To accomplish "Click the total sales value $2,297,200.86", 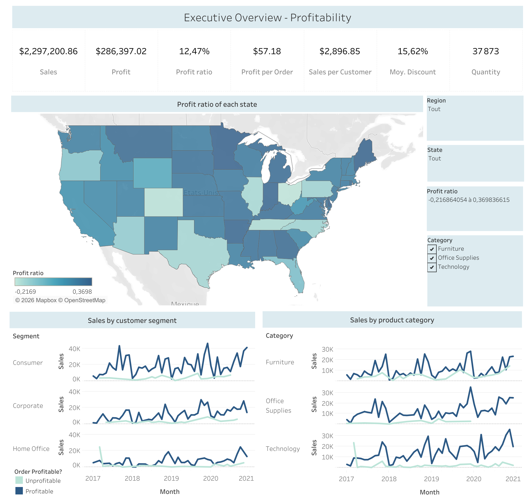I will (x=48, y=51).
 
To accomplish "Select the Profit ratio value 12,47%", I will (x=194, y=51).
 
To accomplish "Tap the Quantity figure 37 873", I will (x=486, y=51).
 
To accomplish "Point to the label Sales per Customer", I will (x=340, y=72).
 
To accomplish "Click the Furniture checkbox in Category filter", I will (x=432, y=249).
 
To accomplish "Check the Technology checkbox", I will (x=432, y=267).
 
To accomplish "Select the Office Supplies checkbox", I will (x=432, y=258).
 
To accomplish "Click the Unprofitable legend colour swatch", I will (x=19, y=481).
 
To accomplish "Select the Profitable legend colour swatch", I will (x=19, y=491).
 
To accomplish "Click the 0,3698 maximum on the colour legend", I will (x=82, y=292).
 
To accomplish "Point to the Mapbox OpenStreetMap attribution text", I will (x=60, y=300).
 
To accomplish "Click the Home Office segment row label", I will (x=31, y=449).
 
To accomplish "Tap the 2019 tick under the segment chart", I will (x=171, y=479).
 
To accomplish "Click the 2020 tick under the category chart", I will (x=474, y=479).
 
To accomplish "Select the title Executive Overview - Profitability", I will (x=268, y=18).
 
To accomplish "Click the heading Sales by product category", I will (x=392, y=320).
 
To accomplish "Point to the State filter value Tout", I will (x=435, y=159).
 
